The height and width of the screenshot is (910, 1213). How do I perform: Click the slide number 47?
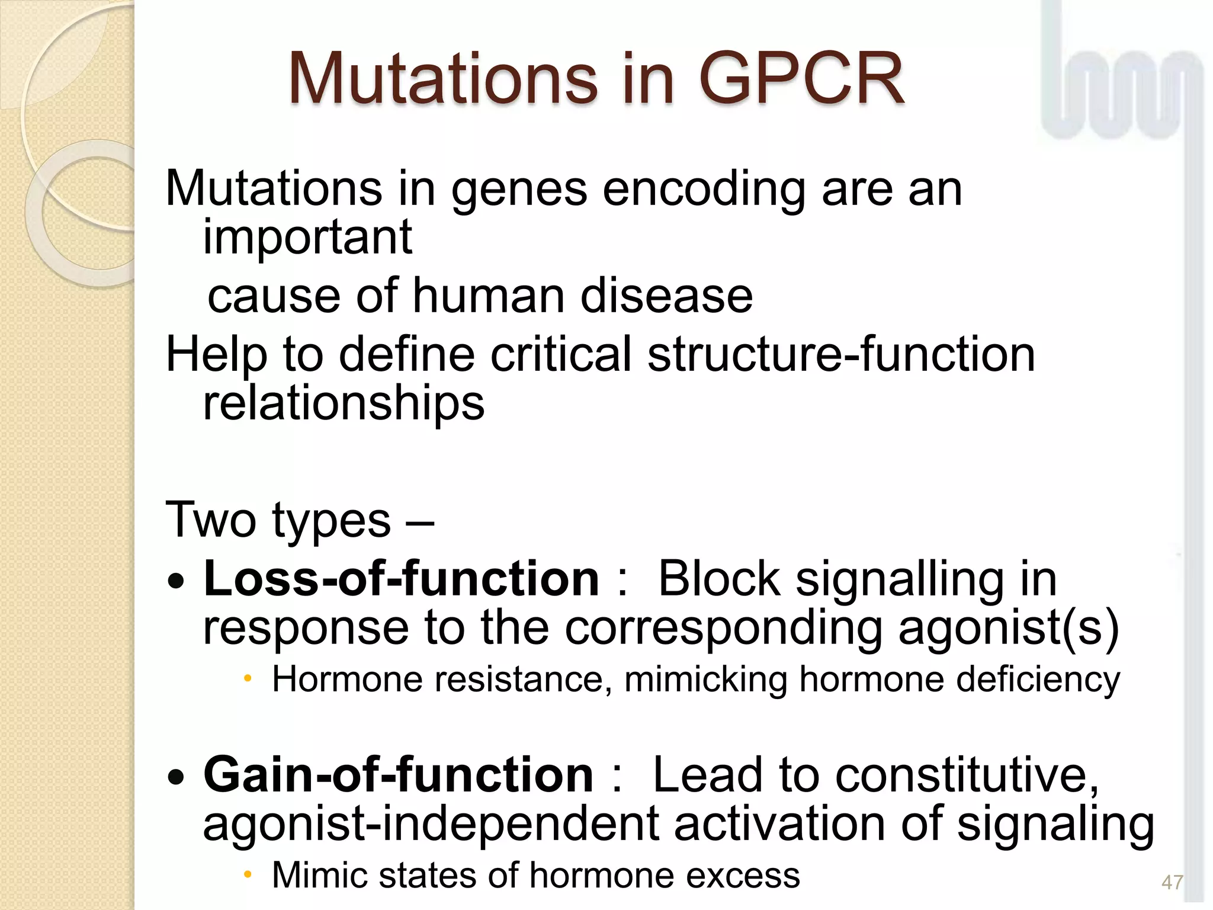point(1172,882)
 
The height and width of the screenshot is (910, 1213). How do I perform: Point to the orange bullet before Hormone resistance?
point(248,679)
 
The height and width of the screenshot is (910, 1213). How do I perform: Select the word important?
point(307,237)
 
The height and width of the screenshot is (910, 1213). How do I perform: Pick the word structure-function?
point(841,354)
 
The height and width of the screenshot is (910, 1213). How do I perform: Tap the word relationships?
point(344,403)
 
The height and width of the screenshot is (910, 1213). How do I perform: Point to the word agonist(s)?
point(1008,628)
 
